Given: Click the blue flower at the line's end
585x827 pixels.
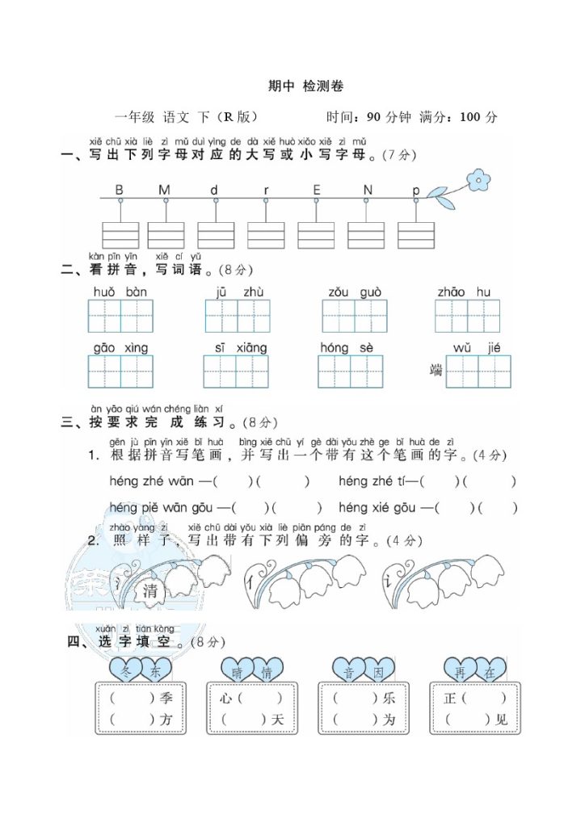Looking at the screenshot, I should [479, 178].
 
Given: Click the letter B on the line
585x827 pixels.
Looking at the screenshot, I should [120, 190].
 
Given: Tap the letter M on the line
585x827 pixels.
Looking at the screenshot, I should [164, 190].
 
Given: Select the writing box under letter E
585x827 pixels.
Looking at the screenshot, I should [316, 235].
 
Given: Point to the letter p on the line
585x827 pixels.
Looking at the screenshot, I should [416, 191].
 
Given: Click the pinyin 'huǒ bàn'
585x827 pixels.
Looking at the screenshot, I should [120, 292].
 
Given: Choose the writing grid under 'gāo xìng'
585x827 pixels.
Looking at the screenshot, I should [120, 372].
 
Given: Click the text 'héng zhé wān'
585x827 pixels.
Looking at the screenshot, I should [151, 482].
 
